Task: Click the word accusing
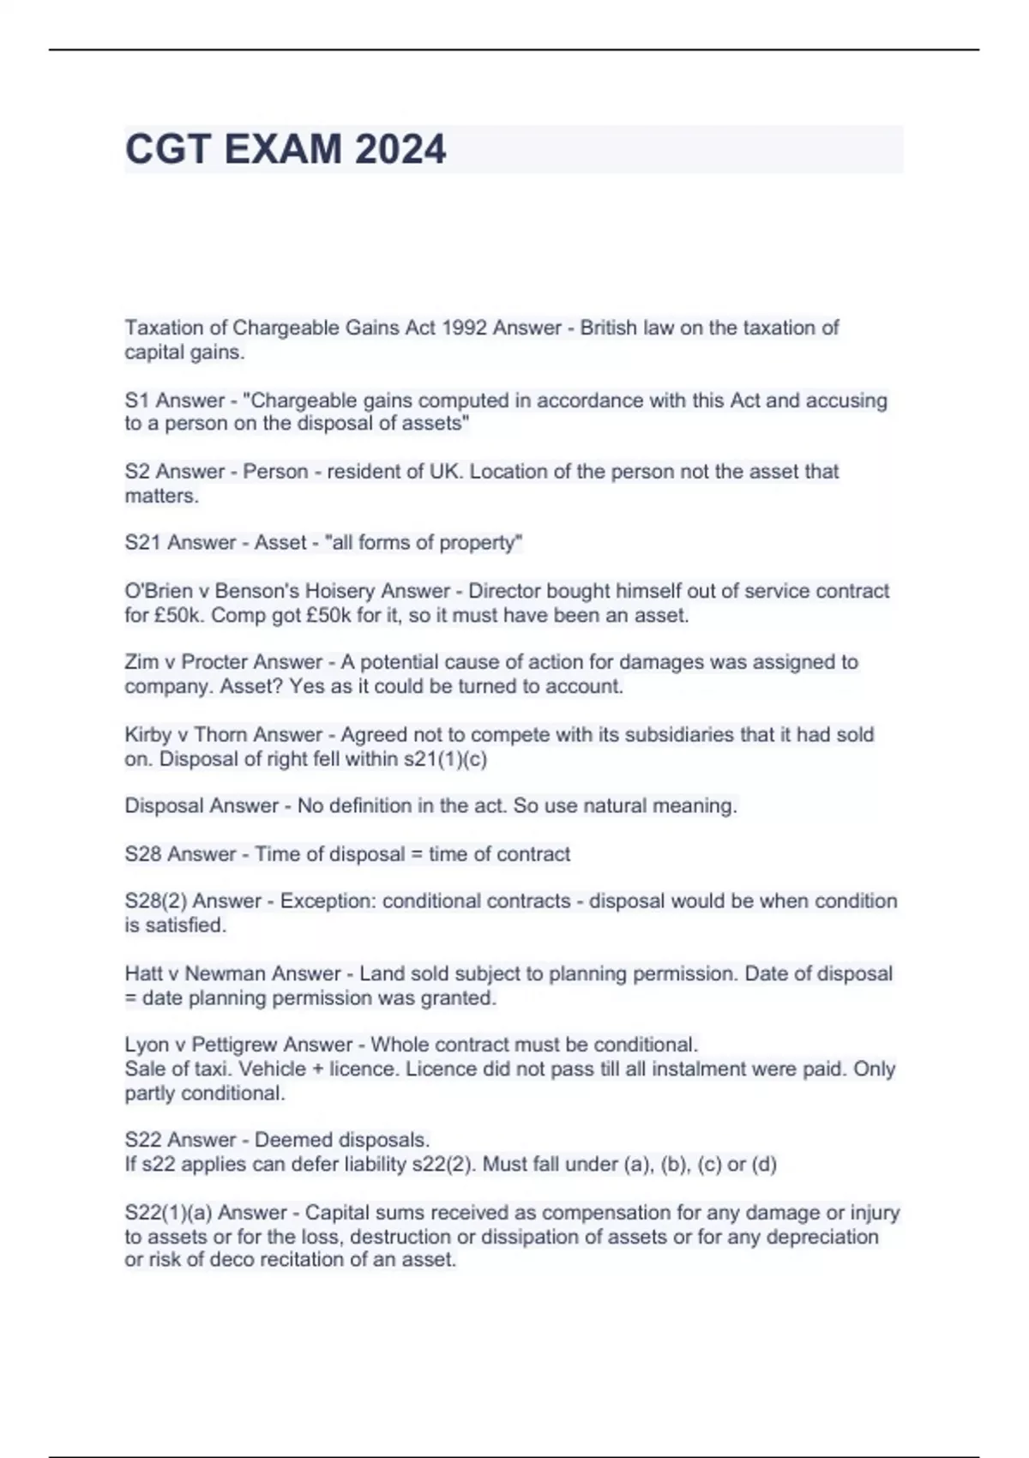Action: [846, 401]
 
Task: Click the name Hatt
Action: [143, 974]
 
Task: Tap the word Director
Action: [504, 591]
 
